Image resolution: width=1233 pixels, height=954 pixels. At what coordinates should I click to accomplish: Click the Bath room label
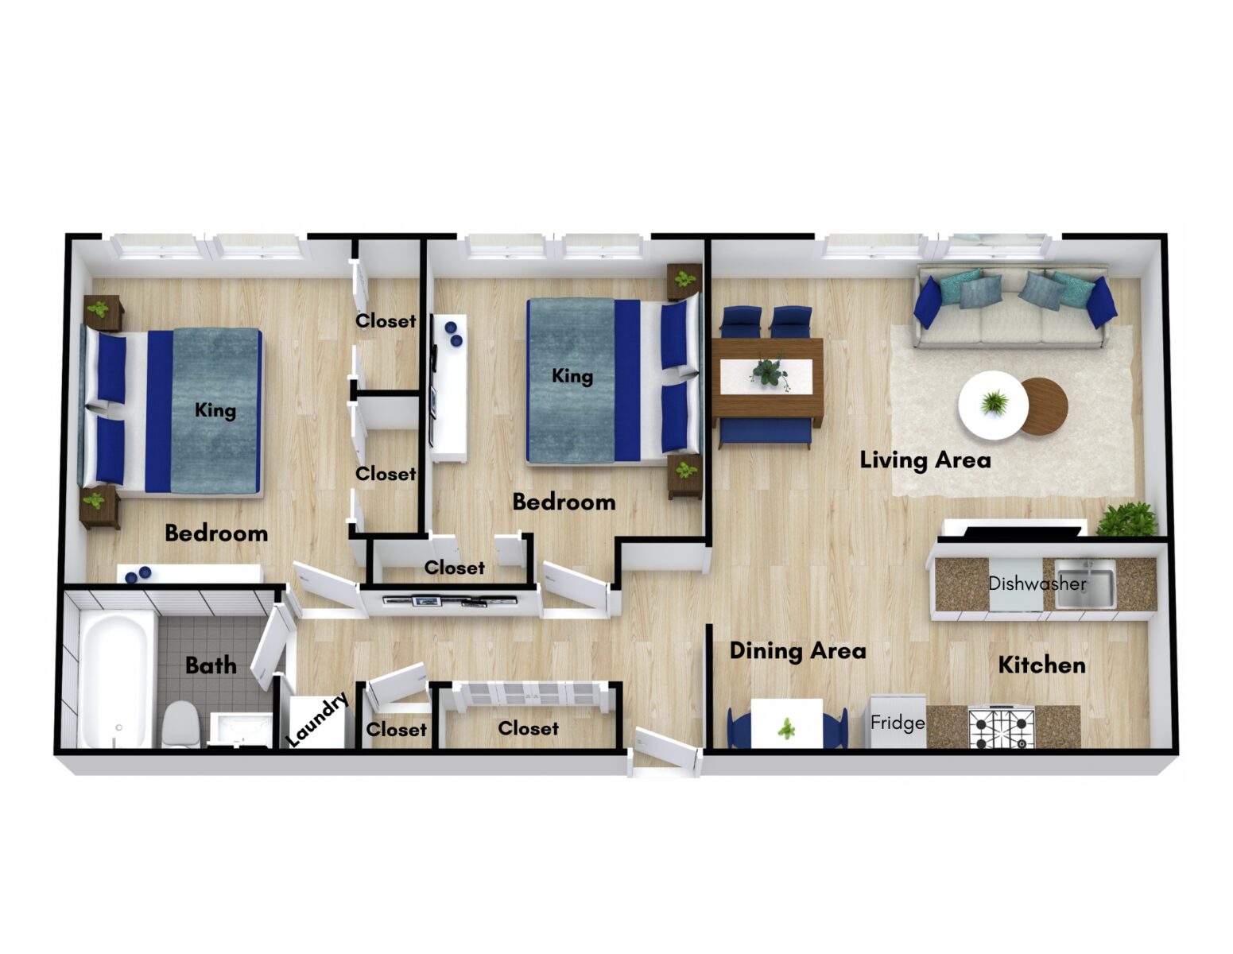tap(211, 665)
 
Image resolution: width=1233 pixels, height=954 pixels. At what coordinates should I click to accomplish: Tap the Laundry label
tap(316, 719)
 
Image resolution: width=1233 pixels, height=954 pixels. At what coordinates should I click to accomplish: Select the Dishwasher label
tap(1037, 583)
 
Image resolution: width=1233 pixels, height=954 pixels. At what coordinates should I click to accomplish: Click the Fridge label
tap(898, 723)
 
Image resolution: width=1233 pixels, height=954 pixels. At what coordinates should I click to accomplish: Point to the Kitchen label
tap(1041, 665)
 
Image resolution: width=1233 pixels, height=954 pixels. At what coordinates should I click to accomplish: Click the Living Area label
tap(925, 460)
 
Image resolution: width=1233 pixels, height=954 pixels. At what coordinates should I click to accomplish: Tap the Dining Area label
tap(798, 650)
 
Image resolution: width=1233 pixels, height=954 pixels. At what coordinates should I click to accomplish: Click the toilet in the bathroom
tap(181, 723)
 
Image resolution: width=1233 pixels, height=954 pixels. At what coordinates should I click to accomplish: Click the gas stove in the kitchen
tap(1001, 727)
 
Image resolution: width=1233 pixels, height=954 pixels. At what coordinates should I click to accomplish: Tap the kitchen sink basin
tap(1085, 583)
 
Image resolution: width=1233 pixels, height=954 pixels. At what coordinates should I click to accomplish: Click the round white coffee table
tap(993, 405)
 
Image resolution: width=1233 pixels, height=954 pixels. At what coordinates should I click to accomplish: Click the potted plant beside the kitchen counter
tap(1127, 519)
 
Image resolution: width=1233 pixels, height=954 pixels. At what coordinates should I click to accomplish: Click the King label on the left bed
tap(215, 409)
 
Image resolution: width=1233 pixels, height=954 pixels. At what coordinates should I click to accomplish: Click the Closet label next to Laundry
tap(396, 729)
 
